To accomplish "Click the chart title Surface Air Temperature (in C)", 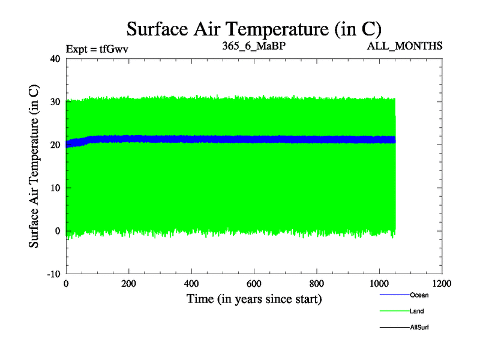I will coord(254,28).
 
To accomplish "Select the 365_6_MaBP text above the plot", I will coord(253,46).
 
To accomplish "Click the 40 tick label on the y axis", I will coord(55,59).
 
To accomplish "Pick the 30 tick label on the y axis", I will coord(55,102).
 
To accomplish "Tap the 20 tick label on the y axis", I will coord(55,145).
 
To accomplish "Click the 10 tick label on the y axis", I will coord(55,188).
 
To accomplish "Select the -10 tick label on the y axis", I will coord(53,274).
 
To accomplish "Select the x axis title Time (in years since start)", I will coord(254,299).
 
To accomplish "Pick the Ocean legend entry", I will coord(419,295).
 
